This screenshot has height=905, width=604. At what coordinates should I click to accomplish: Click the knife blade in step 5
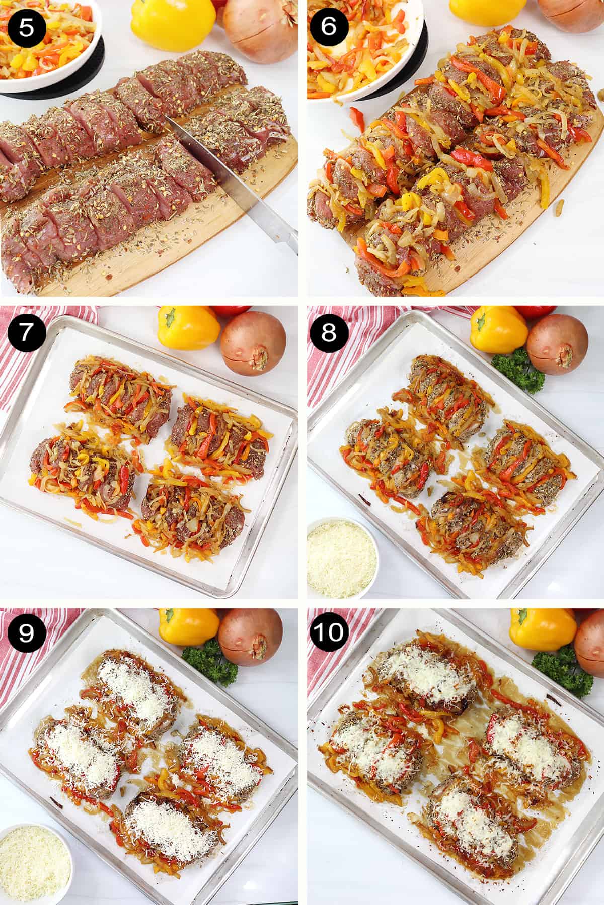click(201, 166)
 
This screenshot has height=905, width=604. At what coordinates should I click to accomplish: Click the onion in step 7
click(253, 343)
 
